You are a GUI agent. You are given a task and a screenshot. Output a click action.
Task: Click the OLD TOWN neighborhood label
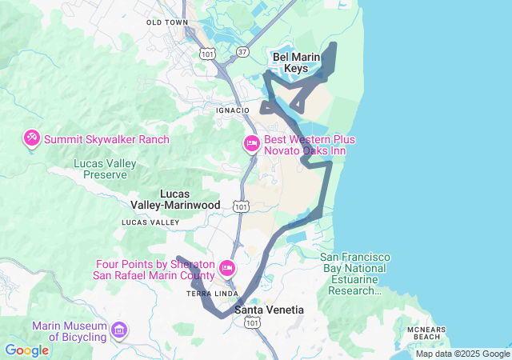pos(166,22)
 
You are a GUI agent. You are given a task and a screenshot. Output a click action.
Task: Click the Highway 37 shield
pos(242,51)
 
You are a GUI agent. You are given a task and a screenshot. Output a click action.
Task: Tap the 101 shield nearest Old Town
pos(207,54)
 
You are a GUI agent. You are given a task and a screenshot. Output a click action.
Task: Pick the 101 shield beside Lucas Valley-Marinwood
pos(241,206)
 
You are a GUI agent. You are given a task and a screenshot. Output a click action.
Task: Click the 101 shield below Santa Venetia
pos(252,322)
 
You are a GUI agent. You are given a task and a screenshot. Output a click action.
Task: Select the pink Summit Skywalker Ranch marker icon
pos(32,139)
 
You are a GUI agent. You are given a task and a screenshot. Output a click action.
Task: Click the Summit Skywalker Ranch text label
pos(106,139)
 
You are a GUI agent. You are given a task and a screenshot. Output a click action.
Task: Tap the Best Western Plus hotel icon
pos(251,144)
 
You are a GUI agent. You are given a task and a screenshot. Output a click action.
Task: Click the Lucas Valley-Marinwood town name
pos(174,199)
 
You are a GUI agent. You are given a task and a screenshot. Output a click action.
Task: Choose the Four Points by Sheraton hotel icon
pos(226,268)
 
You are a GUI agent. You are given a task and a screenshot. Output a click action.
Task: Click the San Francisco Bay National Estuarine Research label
pos(355,274)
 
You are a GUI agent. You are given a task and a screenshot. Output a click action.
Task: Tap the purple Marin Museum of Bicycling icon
pos(119,330)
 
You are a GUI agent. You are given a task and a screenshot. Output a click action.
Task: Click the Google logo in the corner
pos(27,350)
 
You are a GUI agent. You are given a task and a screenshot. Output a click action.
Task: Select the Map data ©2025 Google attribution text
pos(462,354)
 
